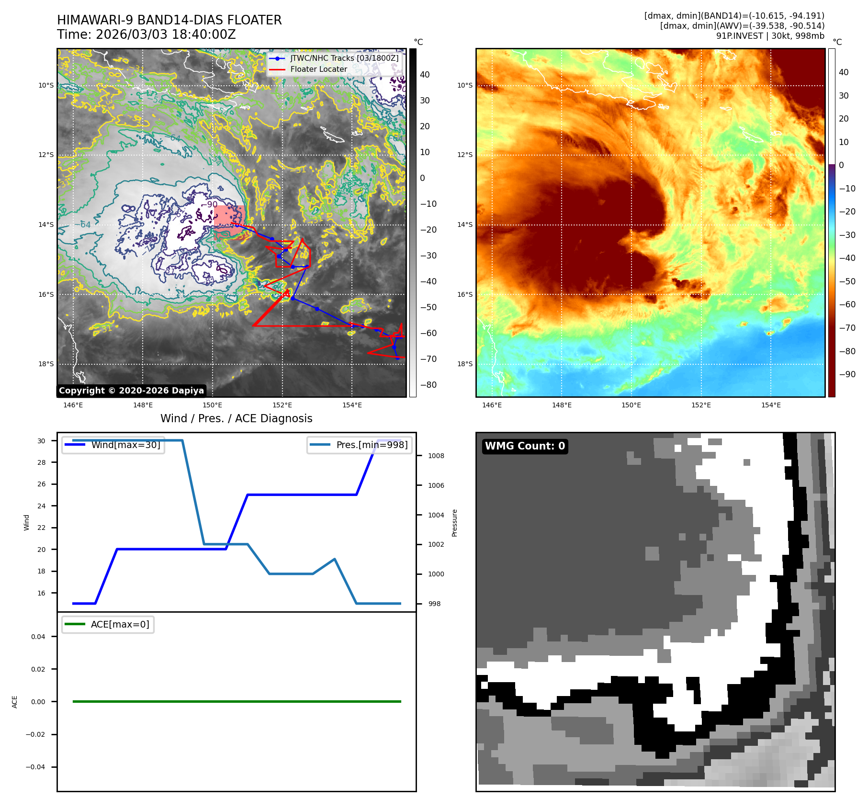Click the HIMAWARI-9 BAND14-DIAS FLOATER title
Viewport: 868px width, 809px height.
(169, 20)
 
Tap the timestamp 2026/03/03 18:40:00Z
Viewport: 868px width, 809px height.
(146, 34)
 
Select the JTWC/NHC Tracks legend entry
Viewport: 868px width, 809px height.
(344, 58)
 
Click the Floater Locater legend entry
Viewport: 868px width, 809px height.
(318, 69)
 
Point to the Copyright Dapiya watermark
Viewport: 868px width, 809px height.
(131, 391)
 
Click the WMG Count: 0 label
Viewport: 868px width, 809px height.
(525, 446)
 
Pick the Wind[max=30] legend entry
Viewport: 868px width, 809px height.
(125, 445)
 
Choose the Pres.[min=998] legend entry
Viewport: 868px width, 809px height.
(372, 445)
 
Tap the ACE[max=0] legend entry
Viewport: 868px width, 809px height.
(120, 624)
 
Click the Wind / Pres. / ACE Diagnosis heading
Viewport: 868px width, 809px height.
(236, 418)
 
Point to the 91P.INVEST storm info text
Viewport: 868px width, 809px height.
(770, 36)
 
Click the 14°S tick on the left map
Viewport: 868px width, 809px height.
(46, 225)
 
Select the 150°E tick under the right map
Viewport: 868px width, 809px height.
(631, 405)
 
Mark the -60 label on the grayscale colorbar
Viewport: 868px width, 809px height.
(428, 333)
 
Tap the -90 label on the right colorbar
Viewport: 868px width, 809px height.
(847, 374)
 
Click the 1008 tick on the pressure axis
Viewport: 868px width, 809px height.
(436, 456)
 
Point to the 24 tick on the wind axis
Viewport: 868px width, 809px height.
(42, 506)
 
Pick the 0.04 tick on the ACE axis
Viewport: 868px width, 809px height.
(38, 637)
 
